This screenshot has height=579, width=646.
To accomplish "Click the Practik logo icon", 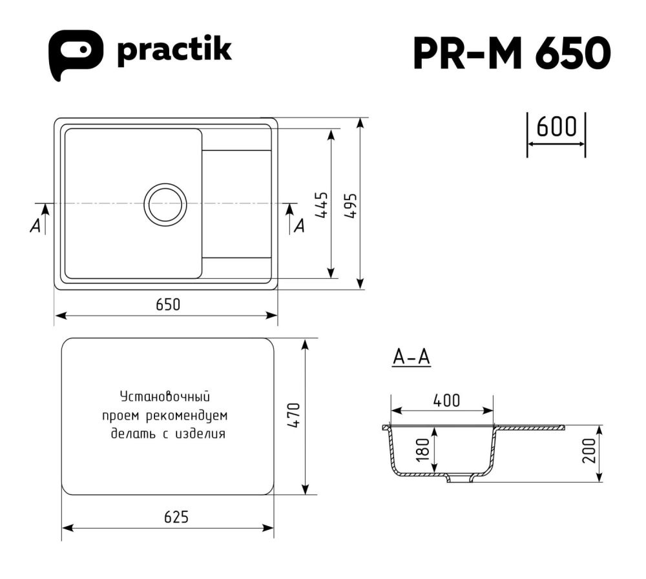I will pyautogui.click(x=76, y=54).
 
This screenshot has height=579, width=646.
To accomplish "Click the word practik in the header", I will pyautogui.click(x=174, y=51).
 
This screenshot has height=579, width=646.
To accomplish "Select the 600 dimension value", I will pyautogui.click(x=556, y=127).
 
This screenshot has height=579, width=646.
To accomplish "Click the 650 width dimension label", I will pyautogui.click(x=167, y=304).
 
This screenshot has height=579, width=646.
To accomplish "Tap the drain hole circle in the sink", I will pyautogui.click(x=165, y=204).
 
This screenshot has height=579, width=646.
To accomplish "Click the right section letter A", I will pyautogui.click(x=298, y=225).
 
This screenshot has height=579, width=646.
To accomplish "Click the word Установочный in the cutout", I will pyautogui.click(x=165, y=396).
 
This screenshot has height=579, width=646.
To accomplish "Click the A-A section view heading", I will pyautogui.click(x=412, y=357).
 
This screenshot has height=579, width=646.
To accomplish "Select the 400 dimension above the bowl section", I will pyautogui.click(x=446, y=400).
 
